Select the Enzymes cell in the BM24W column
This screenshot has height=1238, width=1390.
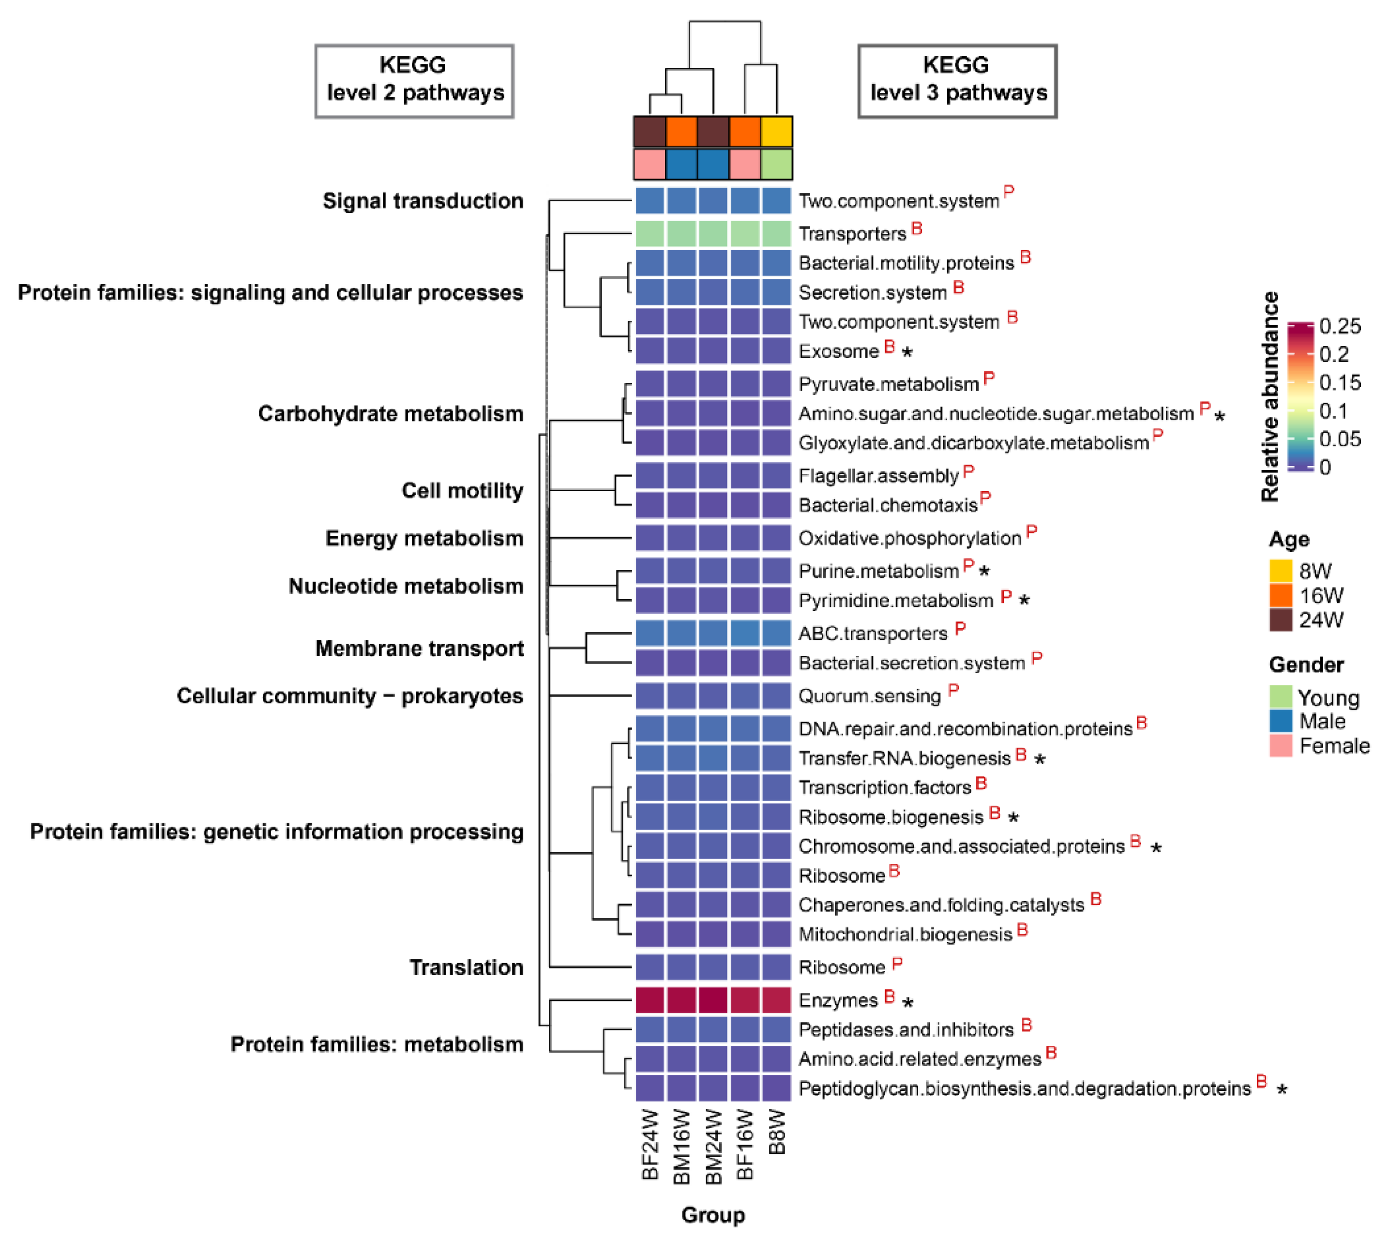713,1000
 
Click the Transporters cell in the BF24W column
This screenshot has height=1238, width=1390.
650,233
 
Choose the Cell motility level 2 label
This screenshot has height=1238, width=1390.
462,490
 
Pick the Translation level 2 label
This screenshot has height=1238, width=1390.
466,967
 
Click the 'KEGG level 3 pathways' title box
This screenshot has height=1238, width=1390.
957,81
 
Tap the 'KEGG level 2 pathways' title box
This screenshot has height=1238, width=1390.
414,81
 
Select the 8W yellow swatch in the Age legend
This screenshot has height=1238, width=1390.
1281,571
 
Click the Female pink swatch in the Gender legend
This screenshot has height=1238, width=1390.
1281,745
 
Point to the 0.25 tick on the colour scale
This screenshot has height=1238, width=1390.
1340,327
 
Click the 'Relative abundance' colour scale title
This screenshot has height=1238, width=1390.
1269,396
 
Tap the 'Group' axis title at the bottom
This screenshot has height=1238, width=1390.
713,1214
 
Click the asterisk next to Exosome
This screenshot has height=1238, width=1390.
907,352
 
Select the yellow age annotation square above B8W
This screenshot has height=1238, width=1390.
777,132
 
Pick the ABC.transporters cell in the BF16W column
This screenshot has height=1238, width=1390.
745,634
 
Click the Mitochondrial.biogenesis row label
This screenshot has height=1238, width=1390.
905,935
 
